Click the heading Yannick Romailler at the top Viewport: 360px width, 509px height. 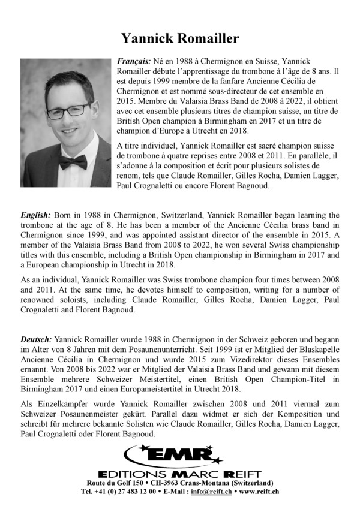click(x=180, y=39)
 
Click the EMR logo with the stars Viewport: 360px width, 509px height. click(x=180, y=456)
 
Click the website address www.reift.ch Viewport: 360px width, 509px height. click(x=262, y=492)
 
